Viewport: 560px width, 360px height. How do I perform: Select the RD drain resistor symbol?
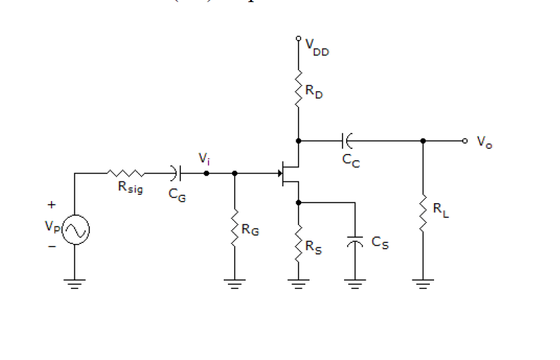(x=299, y=88)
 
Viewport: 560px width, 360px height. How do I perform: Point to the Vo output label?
(x=484, y=142)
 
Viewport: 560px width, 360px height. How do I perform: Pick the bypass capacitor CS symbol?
(x=356, y=243)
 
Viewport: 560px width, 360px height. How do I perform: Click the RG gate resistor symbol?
(x=234, y=226)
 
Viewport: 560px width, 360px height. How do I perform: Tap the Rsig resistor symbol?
(x=127, y=172)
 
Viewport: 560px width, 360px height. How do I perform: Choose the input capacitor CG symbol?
(x=175, y=172)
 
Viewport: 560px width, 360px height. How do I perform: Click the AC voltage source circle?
(x=75, y=230)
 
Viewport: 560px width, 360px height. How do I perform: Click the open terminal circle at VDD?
(x=299, y=38)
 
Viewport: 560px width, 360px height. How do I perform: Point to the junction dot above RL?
(x=423, y=141)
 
